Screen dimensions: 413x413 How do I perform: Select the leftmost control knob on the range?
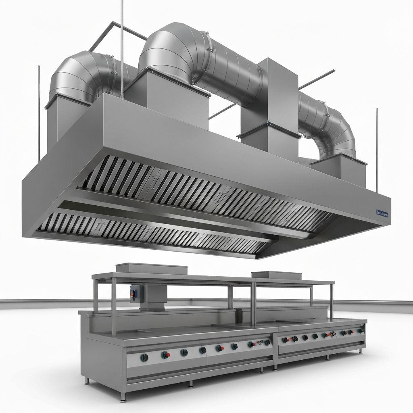pyautogui.click(x=144, y=357)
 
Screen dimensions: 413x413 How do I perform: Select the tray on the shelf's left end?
pyautogui.click(x=151, y=268)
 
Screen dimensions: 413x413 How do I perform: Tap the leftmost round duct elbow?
pyautogui.click(x=77, y=79)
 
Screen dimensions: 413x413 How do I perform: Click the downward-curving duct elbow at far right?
pyautogui.click(x=335, y=129)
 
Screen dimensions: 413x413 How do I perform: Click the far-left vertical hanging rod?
pyautogui.click(x=39, y=113)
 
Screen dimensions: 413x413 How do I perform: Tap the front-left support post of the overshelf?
pyautogui.click(x=114, y=311)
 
